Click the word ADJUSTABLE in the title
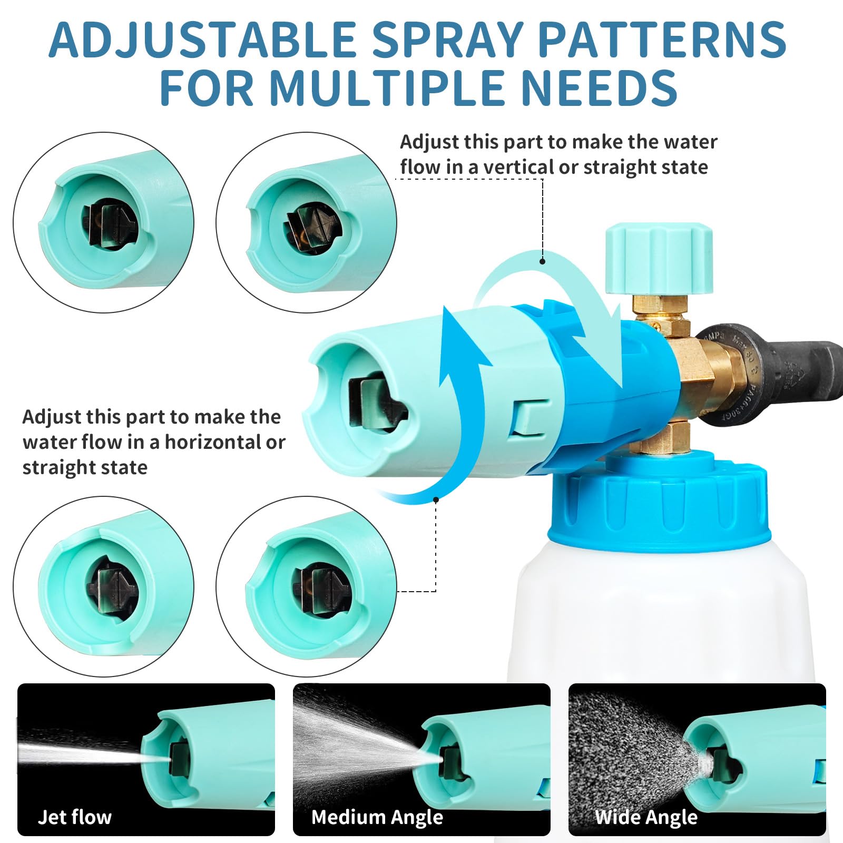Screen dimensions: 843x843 [x=202, y=40]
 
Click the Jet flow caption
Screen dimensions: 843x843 [x=75, y=817]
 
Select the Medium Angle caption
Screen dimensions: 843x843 [x=377, y=817]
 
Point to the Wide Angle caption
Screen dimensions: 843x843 [x=646, y=817]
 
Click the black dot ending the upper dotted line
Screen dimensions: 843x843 [x=542, y=261]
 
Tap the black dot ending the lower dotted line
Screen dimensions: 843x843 [x=436, y=499]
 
